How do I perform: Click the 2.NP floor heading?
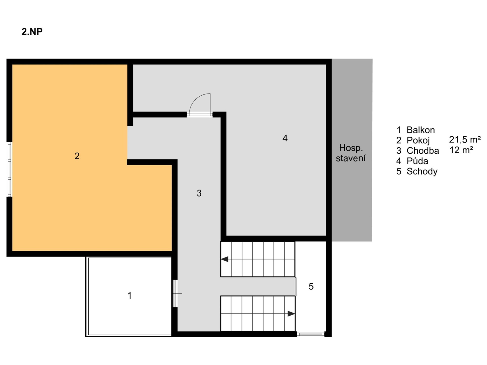click(32, 32)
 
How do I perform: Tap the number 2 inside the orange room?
click(77, 156)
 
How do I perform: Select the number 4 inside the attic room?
click(285, 138)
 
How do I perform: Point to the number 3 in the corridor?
click(199, 193)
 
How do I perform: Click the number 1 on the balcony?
click(130, 296)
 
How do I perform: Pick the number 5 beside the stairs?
click(311, 286)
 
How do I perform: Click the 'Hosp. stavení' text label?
click(351, 153)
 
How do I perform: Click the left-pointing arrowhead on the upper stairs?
click(225, 259)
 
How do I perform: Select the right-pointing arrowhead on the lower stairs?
click(291, 314)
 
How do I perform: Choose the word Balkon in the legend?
click(421, 130)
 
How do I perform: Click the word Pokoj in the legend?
click(418, 140)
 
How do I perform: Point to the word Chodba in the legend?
click(423, 151)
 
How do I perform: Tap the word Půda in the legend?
click(418, 161)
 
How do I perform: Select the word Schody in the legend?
click(422, 172)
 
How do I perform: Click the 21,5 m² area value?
click(465, 140)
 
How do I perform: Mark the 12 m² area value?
click(461, 150)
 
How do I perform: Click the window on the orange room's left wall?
click(9, 169)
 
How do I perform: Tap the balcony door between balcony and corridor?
click(175, 294)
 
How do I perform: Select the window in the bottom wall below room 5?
click(311, 334)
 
